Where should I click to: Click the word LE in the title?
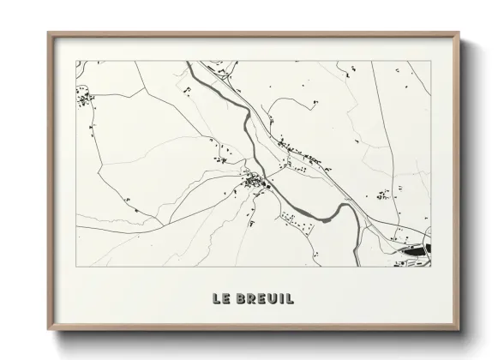(x=221, y=299)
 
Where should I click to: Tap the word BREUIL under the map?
(x=264, y=299)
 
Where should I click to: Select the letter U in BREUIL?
(x=272, y=299)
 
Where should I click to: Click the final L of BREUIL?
(x=291, y=299)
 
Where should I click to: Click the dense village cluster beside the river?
(x=255, y=181)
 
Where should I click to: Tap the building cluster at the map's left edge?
(x=86, y=101)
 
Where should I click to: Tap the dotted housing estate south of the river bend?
(x=296, y=224)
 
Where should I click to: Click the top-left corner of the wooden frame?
(x=49, y=33)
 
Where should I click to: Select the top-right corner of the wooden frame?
(x=459, y=33)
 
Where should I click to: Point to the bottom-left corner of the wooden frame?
(x=49, y=331)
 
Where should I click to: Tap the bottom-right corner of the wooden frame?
(x=459, y=331)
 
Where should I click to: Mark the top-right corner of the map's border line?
(x=430, y=61)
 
